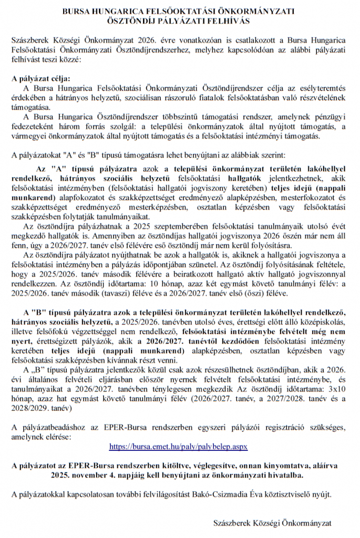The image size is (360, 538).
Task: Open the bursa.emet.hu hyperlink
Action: click(178, 446)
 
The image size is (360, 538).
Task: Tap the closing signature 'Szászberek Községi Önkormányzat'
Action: click(272, 523)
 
